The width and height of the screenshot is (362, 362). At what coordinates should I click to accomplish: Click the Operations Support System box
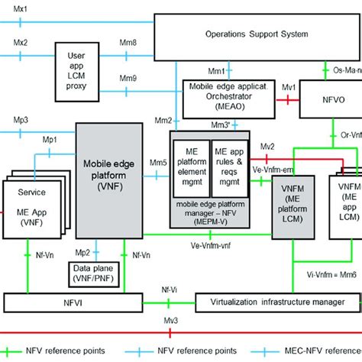tap(257, 34)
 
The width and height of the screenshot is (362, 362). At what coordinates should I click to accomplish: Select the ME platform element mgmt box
tap(190, 173)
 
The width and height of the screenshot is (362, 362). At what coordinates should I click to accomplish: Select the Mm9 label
tap(128, 78)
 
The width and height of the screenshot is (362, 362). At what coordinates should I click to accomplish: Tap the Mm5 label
tap(158, 162)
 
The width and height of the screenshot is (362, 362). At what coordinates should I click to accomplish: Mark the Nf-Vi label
tap(165, 290)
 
